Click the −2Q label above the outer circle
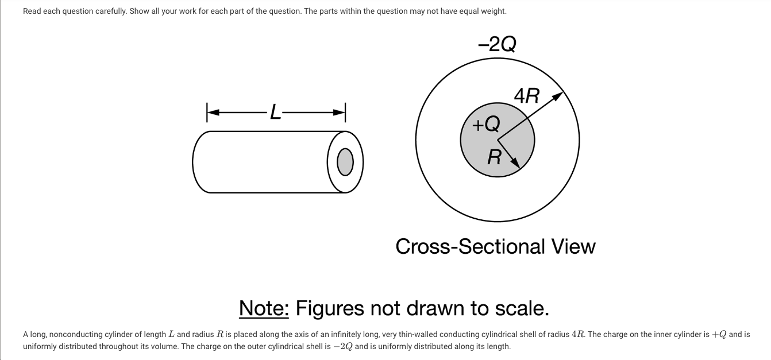point(497,44)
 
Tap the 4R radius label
point(526,96)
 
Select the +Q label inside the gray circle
point(485,123)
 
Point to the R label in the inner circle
point(494,157)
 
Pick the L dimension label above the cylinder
point(276,113)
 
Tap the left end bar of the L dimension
point(207,113)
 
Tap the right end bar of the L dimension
point(345,113)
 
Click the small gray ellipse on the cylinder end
point(345,162)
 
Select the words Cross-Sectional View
point(495,246)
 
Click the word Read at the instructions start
point(33,11)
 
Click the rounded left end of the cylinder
point(195,162)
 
